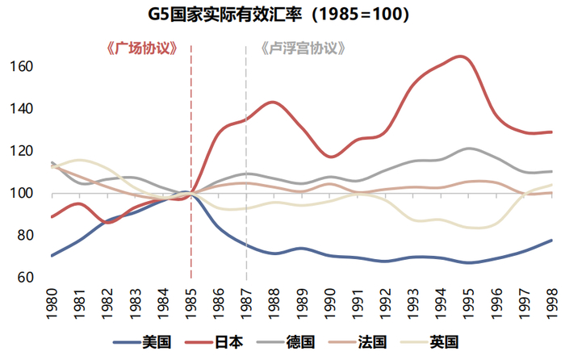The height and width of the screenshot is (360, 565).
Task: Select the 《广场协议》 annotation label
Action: click(x=143, y=48)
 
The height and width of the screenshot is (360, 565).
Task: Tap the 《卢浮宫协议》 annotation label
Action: click(x=303, y=48)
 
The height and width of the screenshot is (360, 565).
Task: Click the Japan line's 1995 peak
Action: click(x=460, y=57)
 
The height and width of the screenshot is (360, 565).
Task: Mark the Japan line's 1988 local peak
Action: click(x=274, y=102)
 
